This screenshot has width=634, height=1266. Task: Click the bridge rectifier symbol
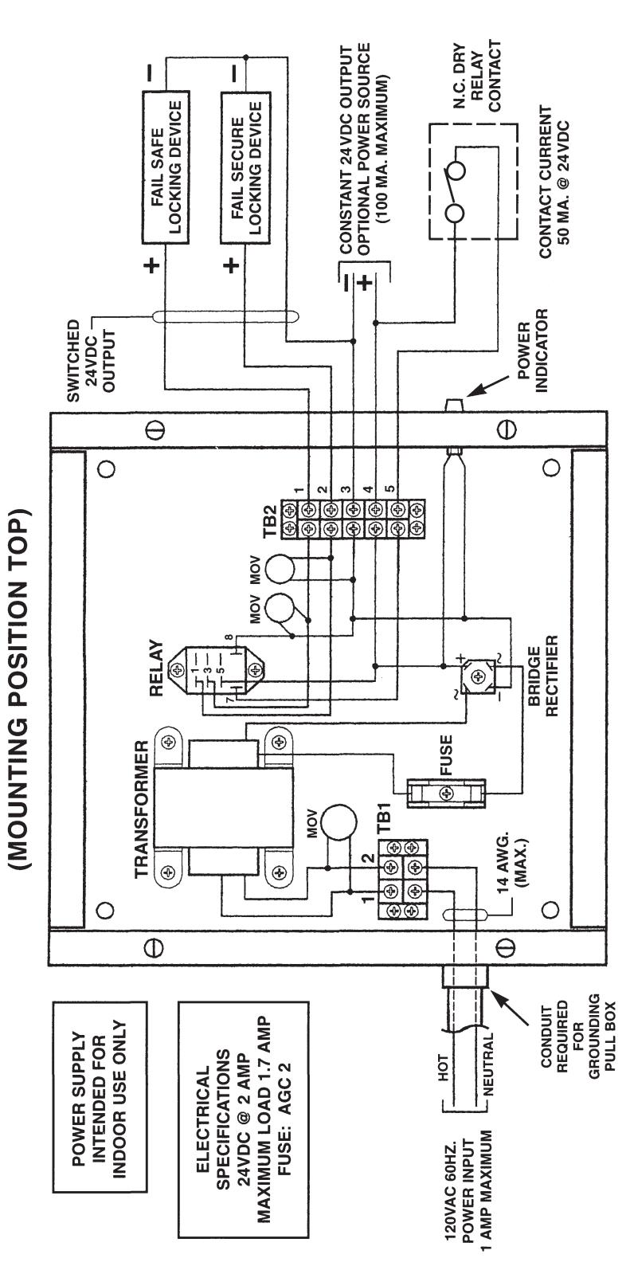pos(476,676)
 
